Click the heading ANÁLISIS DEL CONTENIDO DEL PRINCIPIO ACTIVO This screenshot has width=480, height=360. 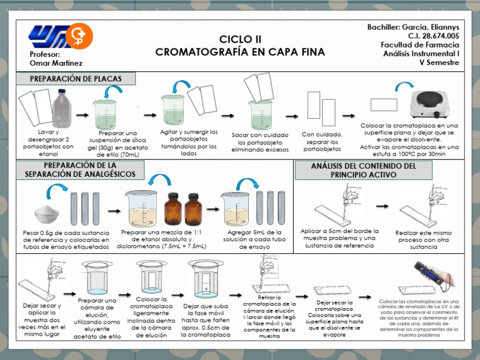coord(363,170)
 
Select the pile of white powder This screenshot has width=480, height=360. coord(47,214)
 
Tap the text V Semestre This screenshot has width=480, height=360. coord(439,62)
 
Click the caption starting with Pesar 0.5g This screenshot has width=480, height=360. coord(65,239)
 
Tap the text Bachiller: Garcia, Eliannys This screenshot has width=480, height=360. coord(413,27)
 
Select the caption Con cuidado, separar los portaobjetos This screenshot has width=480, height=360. coord(322,142)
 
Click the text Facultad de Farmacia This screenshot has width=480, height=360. coord(419,45)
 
